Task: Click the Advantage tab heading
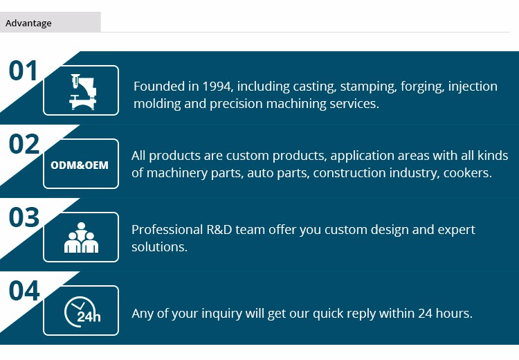click(x=28, y=23)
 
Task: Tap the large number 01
click(x=23, y=71)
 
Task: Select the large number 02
click(x=24, y=144)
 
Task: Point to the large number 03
click(x=24, y=217)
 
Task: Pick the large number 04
click(x=24, y=291)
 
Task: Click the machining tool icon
click(x=82, y=92)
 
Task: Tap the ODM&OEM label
click(x=80, y=165)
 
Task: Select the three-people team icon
click(x=81, y=237)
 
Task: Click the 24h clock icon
click(x=82, y=312)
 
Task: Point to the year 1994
click(x=216, y=87)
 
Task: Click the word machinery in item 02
click(x=176, y=173)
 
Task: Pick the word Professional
click(x=167, y=230)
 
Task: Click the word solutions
click(x=160, y=247)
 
